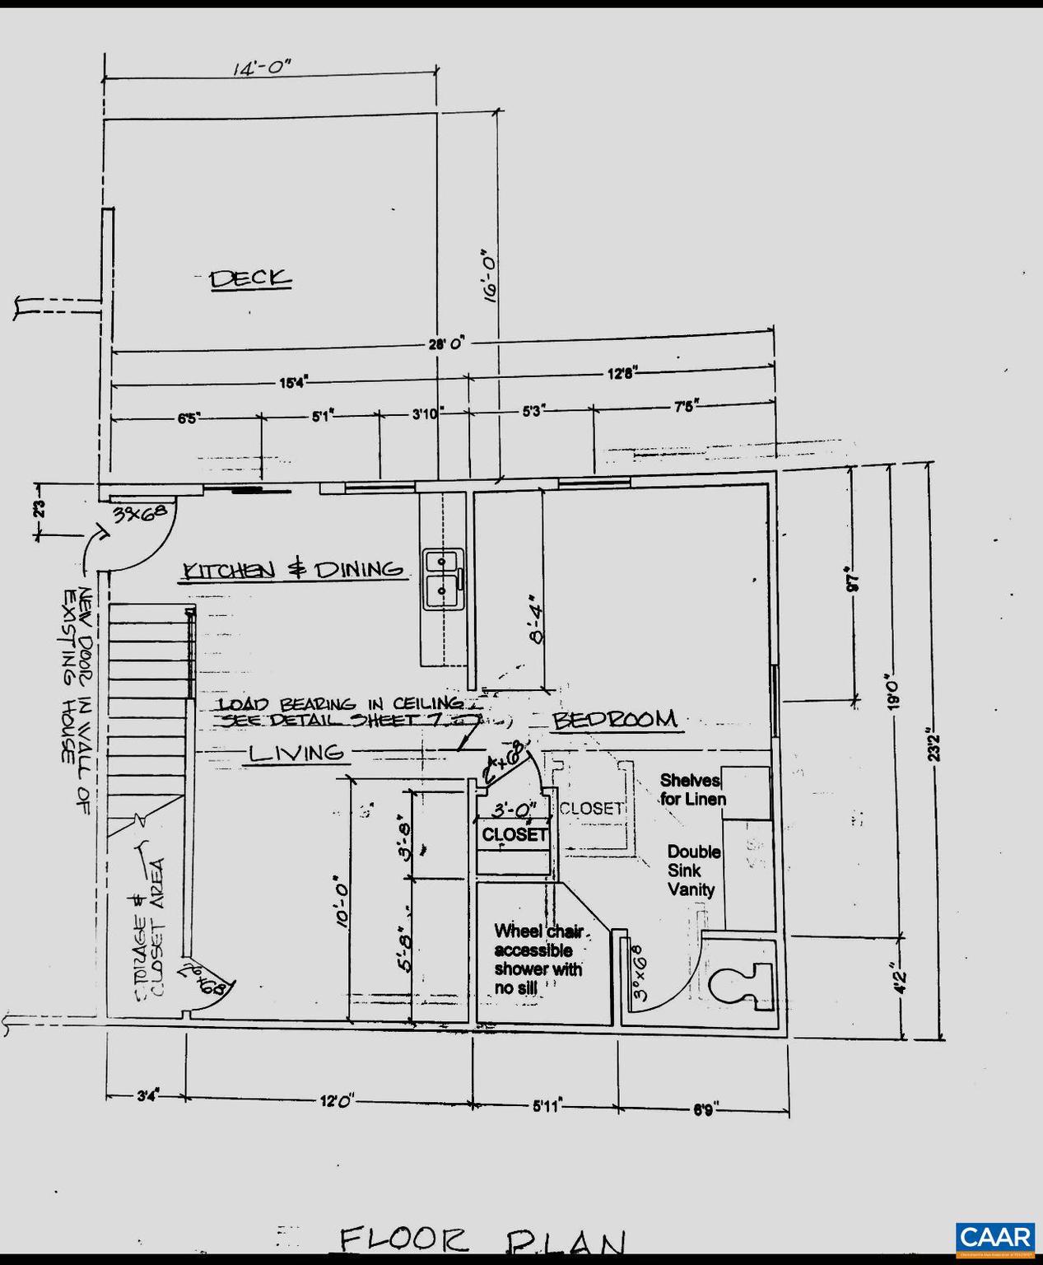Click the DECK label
click(250, 278)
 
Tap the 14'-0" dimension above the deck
click(263, 68)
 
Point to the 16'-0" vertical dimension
click(491, 278)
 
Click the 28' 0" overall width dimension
click(446, 344)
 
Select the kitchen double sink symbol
click(443, 579)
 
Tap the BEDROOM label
click(615, 720)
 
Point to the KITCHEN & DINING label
click(293, 569)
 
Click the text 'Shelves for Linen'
click(692, 789)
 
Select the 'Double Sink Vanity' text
click(693, 871)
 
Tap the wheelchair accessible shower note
click(538, 959)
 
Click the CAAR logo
click(995, 1237)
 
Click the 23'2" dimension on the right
click(931, 745)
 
